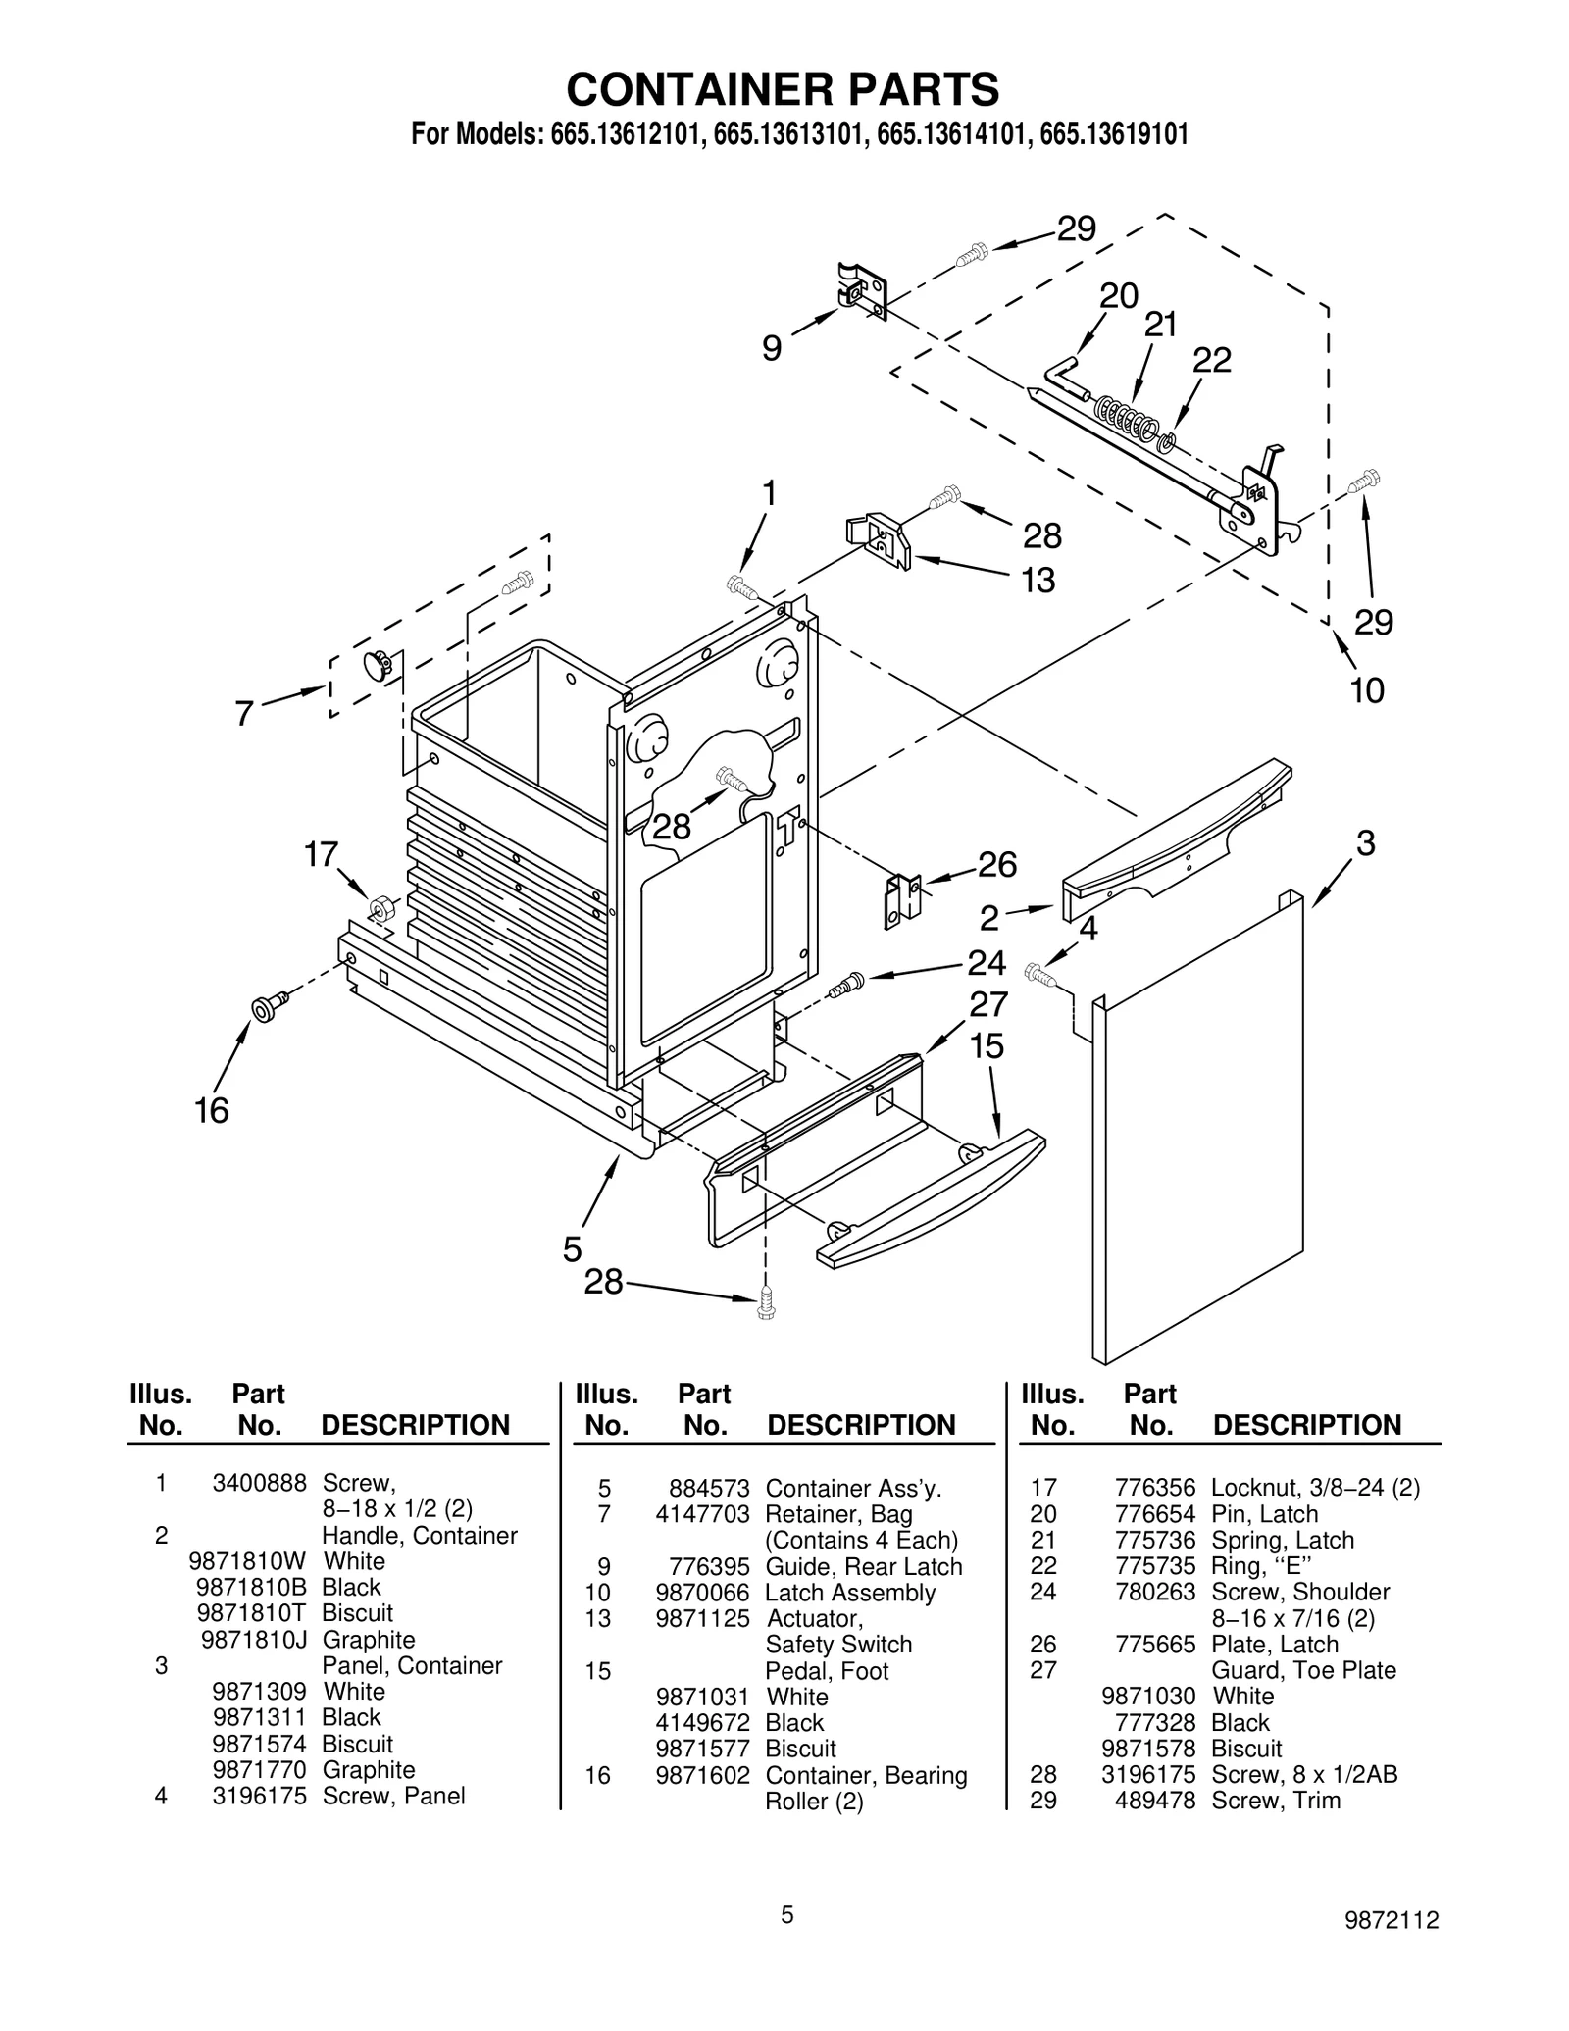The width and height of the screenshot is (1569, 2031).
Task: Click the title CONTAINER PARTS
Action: [x=783, y=89]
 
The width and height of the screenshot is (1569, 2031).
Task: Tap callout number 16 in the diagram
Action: [x=212, y=1111]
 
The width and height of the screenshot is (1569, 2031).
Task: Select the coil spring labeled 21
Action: [x=1126, y=418]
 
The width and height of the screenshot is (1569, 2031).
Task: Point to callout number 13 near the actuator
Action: [x=1038, y=581]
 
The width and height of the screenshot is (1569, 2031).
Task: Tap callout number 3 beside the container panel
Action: [x=1365, y=842]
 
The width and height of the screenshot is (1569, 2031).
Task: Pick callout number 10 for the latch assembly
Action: [x=1367, y=690]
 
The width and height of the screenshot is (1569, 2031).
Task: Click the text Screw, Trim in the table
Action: [x=1276, y=1801]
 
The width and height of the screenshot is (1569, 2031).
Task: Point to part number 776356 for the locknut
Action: [x=1155, y=1489]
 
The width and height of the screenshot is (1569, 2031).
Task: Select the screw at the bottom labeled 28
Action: [x=767, y=1303]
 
